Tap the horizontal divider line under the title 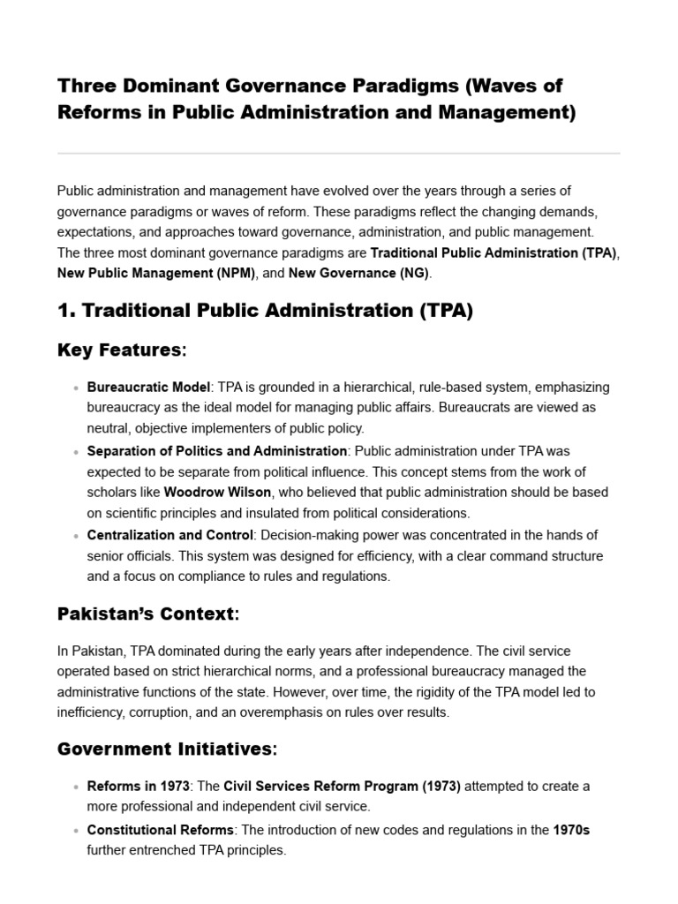[x=338, y=154]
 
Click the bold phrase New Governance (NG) [x=358, y=274]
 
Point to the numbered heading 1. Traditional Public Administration [x=265, y=312]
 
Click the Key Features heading [x=122, y=350]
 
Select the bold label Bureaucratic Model [x=148, y=388]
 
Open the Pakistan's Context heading [x=148, y=614]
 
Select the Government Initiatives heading [x=167, y=750]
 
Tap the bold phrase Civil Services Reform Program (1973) [x=342, y=786]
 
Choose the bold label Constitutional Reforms [x=160, y=830]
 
